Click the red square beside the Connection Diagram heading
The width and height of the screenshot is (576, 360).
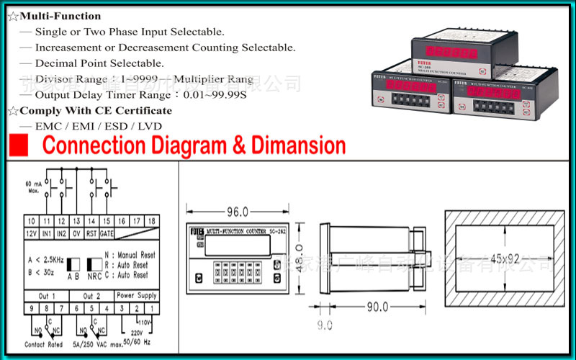[x=19, y=145]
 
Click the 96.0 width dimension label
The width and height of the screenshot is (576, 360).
[x=237, y=212]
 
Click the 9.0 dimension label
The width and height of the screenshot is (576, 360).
[x=325, y=325]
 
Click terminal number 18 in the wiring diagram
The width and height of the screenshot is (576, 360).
[x=150, y=222]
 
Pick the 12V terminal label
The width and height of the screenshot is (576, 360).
[x=32, y=233]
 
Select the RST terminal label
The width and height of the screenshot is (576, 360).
[x=91, y=233]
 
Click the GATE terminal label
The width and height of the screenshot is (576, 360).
[x=107, y=233]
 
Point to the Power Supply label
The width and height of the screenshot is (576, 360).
[x=136, y=296]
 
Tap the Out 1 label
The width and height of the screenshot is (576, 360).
[x=48, y=296]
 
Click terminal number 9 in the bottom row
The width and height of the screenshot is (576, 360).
[x=32, y=308]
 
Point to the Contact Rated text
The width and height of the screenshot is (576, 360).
[x=45, y=345]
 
